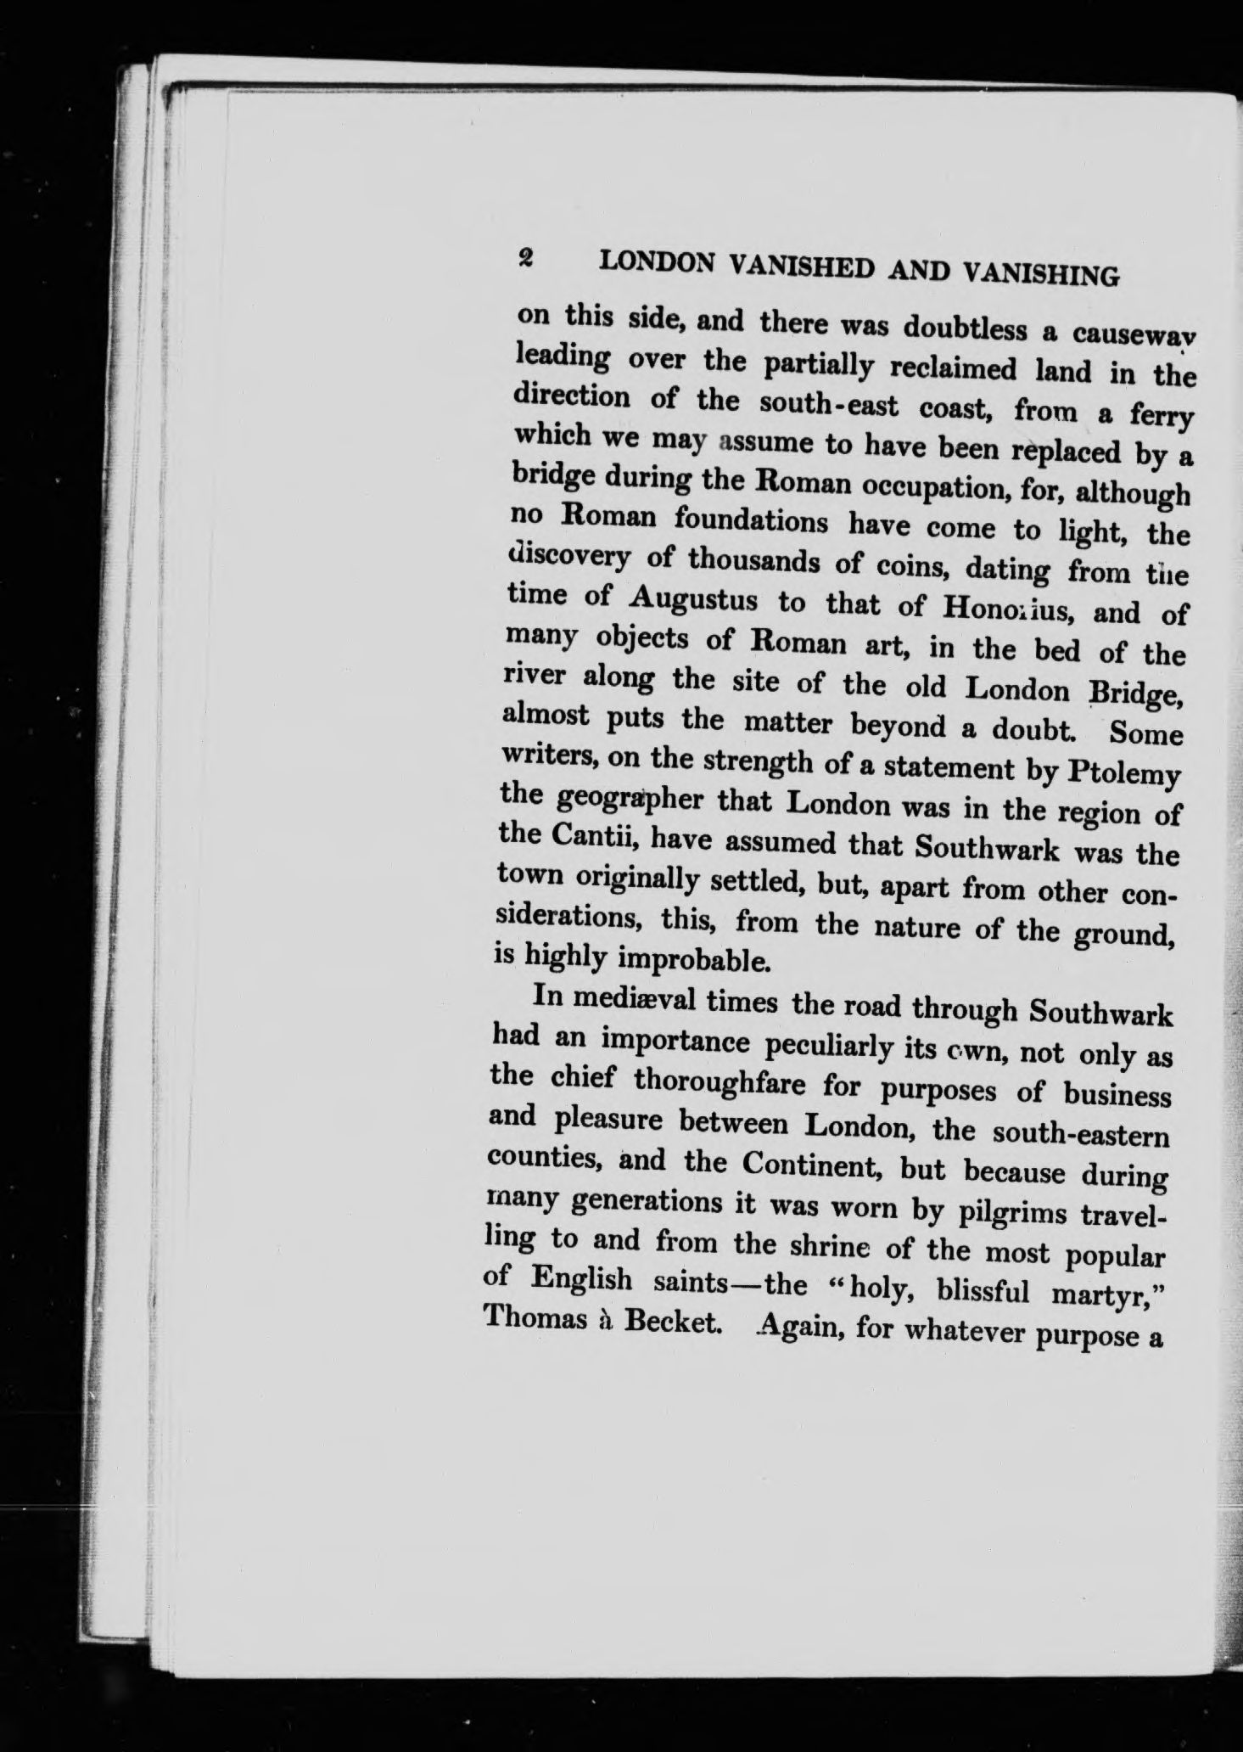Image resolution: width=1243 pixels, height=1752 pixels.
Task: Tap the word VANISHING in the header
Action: (1040, 273)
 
